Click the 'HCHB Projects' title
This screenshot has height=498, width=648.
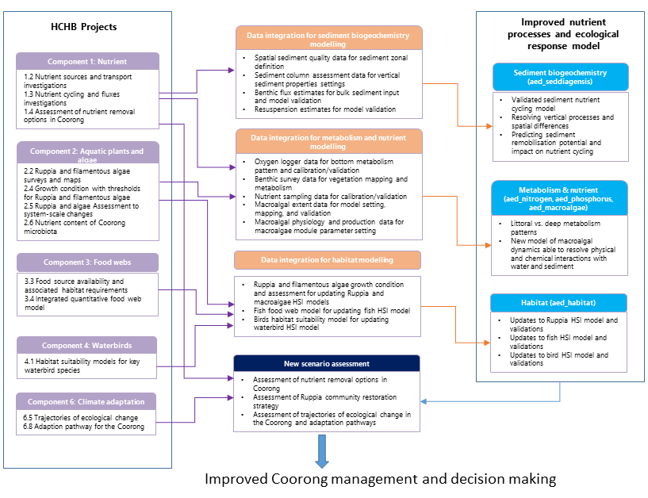[83, 27]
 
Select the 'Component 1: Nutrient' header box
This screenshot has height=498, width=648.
[87, 61]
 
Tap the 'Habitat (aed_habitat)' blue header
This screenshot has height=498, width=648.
[559, 303]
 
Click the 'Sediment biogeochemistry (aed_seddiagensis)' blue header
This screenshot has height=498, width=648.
[559, 77]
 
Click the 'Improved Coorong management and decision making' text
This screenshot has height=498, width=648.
[381, 479]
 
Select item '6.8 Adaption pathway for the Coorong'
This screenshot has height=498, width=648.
[84, 427]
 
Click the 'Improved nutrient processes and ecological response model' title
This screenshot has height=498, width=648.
[559, 34]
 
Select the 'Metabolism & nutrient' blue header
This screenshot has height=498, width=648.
[559, 197]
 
